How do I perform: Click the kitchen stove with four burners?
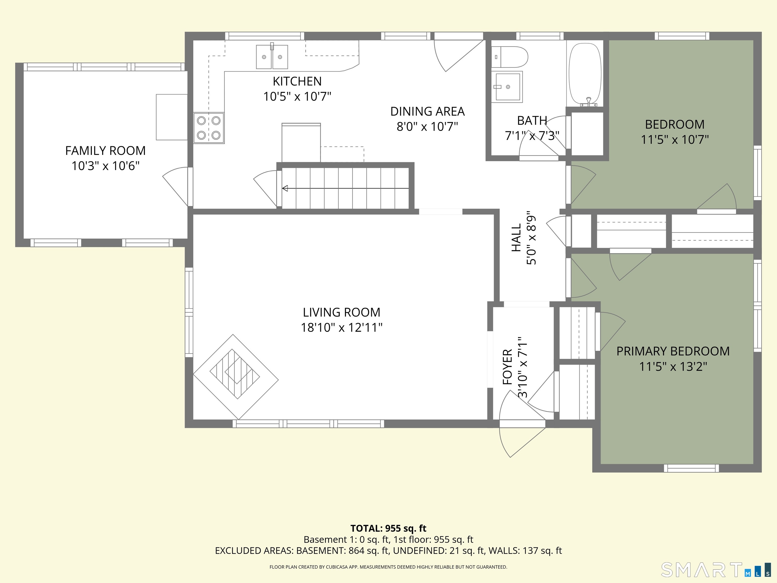point(209,128)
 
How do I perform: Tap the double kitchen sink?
point(272,57)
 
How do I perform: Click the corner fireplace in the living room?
point(235,376)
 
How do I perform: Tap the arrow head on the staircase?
point(285,188)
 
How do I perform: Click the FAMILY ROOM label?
point(105,150)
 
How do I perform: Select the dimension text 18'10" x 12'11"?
point(341,327)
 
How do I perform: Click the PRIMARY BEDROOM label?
point(673,351)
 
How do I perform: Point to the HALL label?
point(516,238)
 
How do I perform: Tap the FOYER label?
point(508,367)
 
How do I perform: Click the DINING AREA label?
point(427,111)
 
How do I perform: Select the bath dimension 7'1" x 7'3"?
point(532,136)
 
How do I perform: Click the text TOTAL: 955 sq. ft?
point(388,528)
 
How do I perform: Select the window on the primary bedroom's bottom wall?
point(691,468)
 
